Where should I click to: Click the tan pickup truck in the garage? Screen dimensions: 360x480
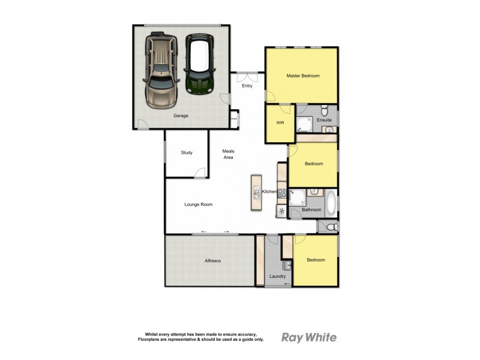click(x=161, y=72)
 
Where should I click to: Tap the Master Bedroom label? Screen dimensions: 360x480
click(x=302, y=76)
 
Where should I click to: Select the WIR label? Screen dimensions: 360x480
click(x=280, y=123)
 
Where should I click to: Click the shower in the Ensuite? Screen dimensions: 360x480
click(x=305, y=123)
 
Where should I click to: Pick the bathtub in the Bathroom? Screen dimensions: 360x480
click(x=331, y=203)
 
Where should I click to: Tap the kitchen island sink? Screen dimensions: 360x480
click(x=256, y=193)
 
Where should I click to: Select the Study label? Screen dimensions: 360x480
click(x=187, y=153)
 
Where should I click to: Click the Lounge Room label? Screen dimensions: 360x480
click(x=198, y=205)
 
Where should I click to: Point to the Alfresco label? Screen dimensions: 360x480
click(x=214, y=261)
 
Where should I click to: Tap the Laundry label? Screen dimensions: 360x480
click(x=277, y=276)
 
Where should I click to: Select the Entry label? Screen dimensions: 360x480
click(x=247, y=86)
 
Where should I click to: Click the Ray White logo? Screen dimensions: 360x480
click(x=309, y=337)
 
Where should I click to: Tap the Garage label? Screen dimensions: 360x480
click(x=181, y=115)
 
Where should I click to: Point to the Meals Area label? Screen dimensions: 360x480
click(x=227, y=154)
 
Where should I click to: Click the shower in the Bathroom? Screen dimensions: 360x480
click(x=298, y=198)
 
